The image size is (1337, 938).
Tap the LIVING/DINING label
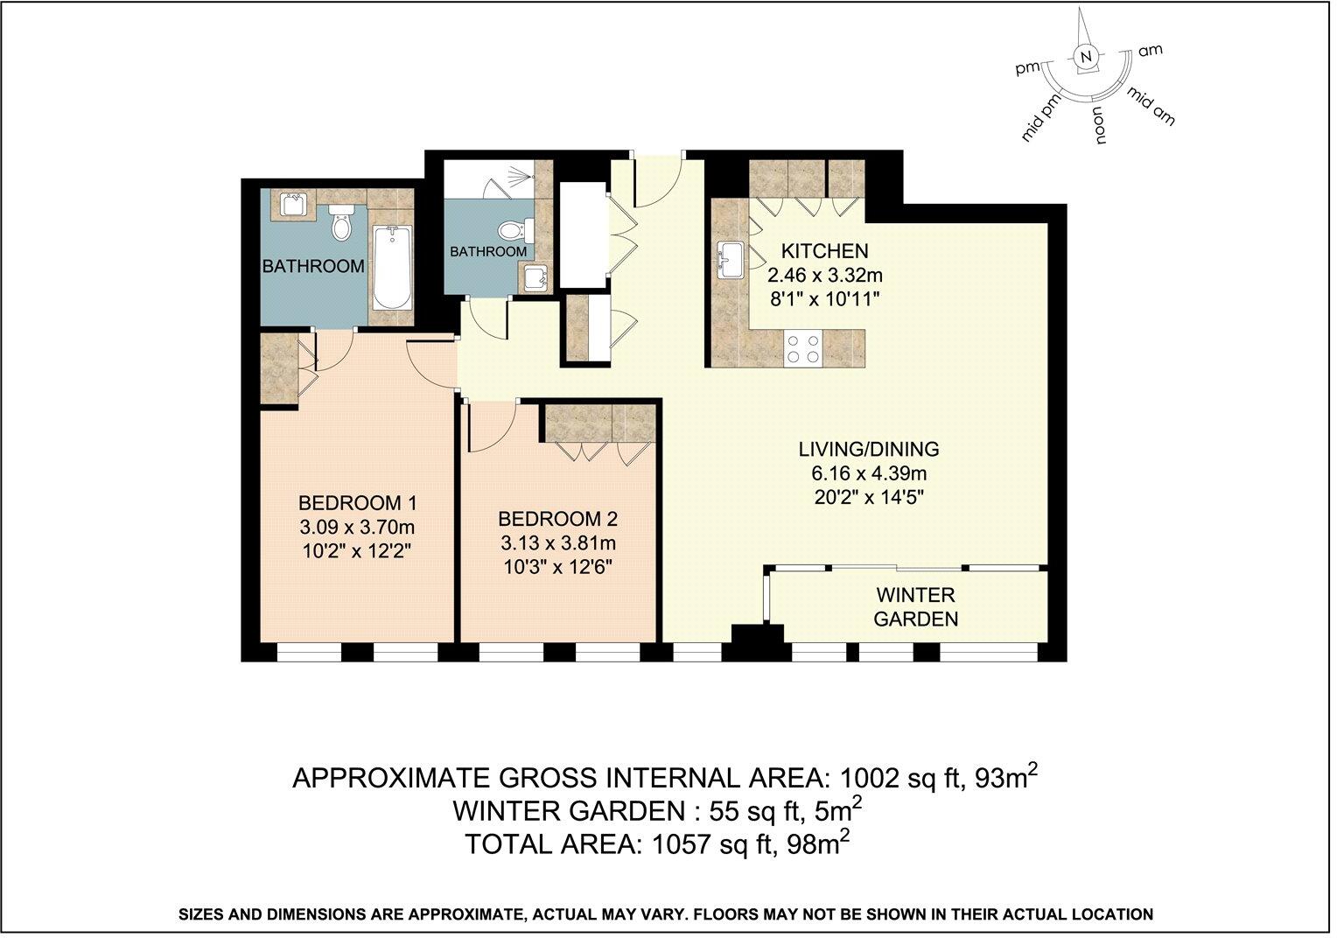coord(868,450)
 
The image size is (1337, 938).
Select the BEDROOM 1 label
coord(357,504)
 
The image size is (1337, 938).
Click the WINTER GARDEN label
coord(915,607)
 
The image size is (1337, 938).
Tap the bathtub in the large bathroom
coord(391,268)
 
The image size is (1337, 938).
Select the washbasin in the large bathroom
coord(293,206)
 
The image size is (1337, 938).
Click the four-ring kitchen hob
coord(802,348)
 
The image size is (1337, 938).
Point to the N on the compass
coord(1086,57)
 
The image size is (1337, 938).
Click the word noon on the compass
coord(1097,125)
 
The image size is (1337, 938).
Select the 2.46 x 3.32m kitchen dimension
coord(823,276)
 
